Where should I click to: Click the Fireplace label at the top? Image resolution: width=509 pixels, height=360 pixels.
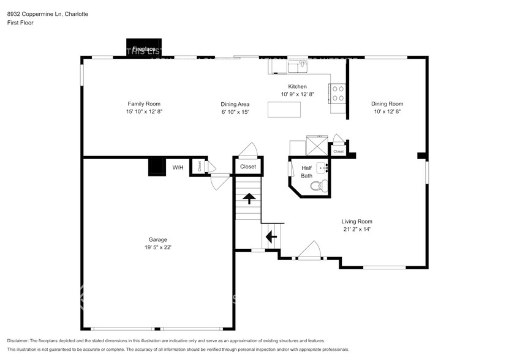[x=144, y=48]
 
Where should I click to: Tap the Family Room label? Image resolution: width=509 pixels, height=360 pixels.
[x=144, y=103]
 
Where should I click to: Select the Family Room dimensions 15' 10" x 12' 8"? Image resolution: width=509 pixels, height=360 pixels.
[x=144, y=111]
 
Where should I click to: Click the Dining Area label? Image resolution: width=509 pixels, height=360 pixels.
[x=235, y=104]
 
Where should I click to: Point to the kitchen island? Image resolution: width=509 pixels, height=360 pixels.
[x=284, y=109]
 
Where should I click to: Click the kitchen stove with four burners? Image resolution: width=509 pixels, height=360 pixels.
[x=338, y=92]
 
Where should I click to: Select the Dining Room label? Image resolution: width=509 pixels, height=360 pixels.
[x=387, y=103]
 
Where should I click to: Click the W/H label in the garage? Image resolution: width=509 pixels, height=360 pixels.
[x=178, y=167]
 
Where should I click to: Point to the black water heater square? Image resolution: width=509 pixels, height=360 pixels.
[x=157, y=167]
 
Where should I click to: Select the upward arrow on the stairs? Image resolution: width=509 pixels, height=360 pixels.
[x=249, y=198]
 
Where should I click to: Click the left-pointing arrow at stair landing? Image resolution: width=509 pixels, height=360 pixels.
[x=271, y=235]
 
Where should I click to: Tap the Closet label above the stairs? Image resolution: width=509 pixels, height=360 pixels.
[x=248, y=166]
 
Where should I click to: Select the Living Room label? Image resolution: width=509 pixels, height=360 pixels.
[x=356, y=221]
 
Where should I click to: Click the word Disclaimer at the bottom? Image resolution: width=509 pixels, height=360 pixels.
[x=20, y=340]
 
